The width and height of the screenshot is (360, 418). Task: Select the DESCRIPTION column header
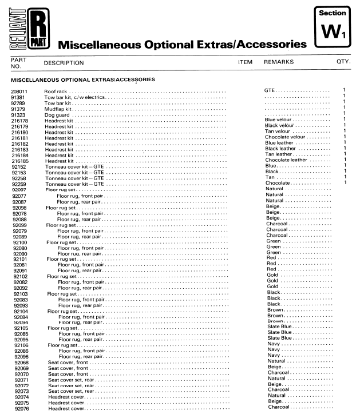(64, 63)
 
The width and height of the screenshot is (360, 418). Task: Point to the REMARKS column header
(279, 62)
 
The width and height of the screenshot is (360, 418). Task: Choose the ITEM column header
(244, 62)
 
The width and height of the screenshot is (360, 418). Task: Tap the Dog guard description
(57, 114)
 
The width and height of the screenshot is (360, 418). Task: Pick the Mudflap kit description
(57, 108)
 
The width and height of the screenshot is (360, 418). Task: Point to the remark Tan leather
(278, 154)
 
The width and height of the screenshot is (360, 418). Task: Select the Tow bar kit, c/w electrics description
(75, 97)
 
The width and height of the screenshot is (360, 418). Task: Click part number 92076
(22, 408)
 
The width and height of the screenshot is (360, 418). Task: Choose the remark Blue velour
(279, 120)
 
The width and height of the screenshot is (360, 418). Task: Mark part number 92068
(22, 362)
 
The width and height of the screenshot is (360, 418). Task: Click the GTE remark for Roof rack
(270, 91)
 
